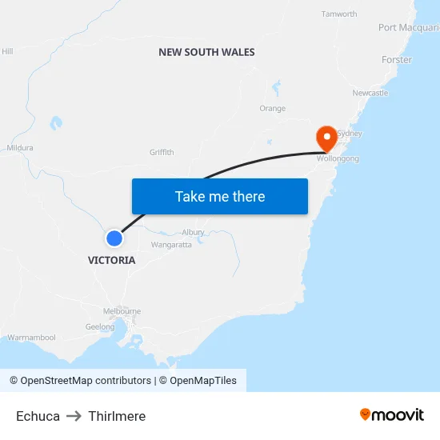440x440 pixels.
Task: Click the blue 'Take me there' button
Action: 219,196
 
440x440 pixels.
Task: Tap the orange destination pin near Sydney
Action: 326,138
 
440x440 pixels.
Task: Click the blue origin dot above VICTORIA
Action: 114,238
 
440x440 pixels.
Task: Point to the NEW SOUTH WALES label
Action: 206,52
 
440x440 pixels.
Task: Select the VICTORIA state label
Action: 111,260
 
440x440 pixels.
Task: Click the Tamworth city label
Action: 338,14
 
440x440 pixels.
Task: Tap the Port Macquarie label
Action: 408,28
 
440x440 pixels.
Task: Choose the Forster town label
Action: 397,60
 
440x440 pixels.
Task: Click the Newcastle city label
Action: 370,93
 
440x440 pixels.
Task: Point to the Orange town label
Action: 272,109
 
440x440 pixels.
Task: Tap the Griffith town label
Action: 162,153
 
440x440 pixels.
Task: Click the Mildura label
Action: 20,148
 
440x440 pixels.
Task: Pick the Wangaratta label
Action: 171,245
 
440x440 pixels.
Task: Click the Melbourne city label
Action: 122,311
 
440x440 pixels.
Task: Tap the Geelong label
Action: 100,326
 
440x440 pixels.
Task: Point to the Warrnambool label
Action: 32,338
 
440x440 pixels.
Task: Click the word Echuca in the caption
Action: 38,416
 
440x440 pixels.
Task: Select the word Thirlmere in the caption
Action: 117,416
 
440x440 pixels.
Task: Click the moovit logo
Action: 391,414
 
